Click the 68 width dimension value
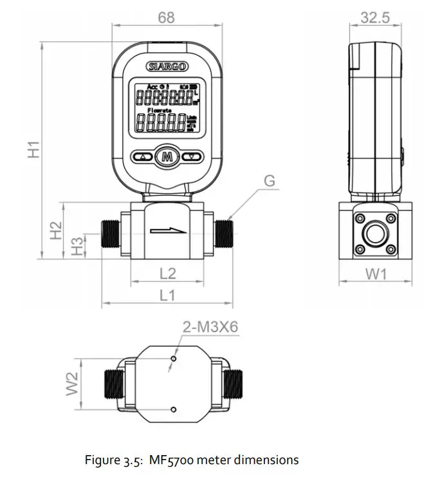point(166,17)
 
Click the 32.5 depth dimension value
point(374,17)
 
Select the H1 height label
point(33,149)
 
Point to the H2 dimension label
point(56,230)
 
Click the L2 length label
point(167,273)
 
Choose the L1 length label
point(167,295)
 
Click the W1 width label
point(376,274)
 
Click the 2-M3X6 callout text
point(210,327)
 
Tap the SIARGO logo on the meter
point(167,66)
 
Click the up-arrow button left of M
point(143,156)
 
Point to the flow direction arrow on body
point(167,230)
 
